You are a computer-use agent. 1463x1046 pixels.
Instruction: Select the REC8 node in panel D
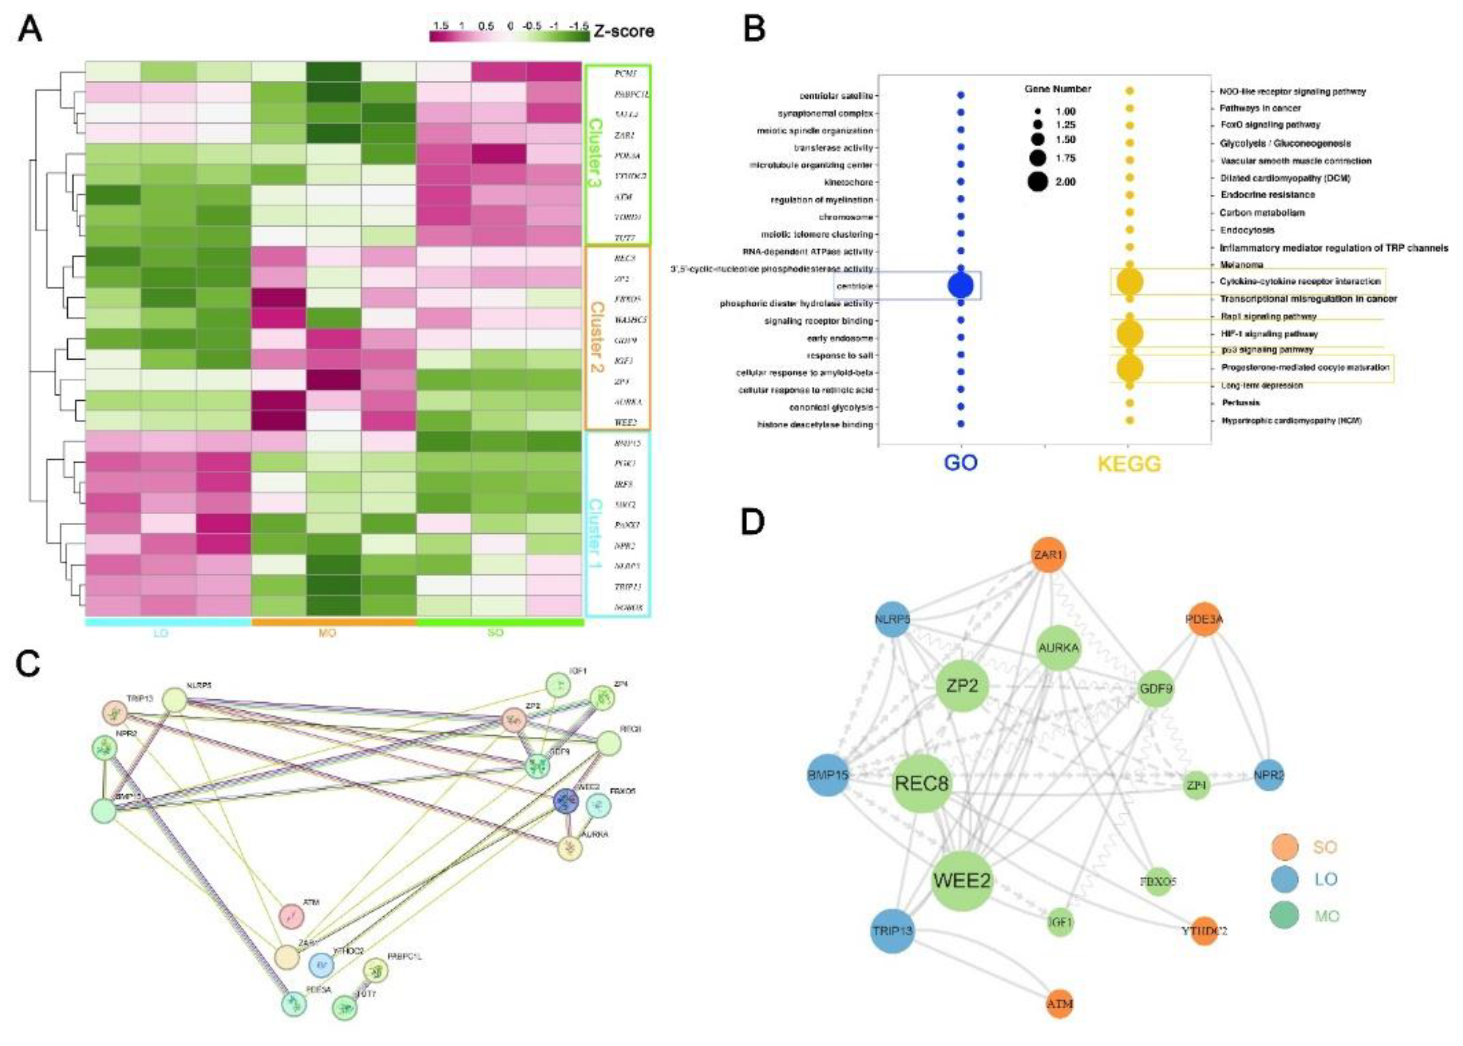tap(922, 784)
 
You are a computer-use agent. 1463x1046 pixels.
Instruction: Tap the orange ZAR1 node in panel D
tap(1048, 555)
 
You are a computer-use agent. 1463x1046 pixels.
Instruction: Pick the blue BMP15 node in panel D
tap(828, 775)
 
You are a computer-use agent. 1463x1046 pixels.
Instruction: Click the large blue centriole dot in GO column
tap(961, 285)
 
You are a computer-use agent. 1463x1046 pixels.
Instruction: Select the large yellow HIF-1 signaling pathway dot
tap(1129, 334)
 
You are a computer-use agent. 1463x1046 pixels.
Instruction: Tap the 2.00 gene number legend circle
tap(1038, 182)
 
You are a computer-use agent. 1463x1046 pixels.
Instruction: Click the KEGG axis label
tap(1129, 463)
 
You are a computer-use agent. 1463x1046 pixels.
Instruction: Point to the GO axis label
tap(961, 463)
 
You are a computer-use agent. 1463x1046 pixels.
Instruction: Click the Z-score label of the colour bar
tap(623, 31)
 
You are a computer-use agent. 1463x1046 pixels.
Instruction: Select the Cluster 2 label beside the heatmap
tap(597, 338)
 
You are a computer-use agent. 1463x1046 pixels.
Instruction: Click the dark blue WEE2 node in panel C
tap(566, 801)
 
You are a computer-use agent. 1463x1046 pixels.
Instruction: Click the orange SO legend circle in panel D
tap(1285, 846)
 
